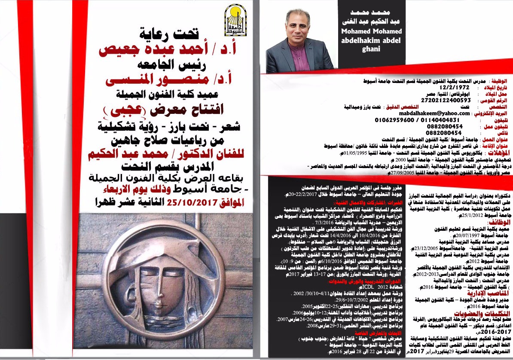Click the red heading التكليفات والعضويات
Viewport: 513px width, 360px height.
point(481,314)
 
